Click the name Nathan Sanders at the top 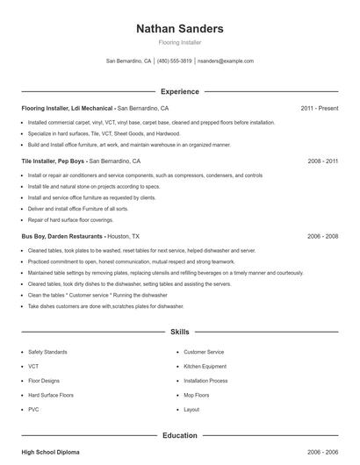click(179, 29)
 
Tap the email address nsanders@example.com click(226, 61)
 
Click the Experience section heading click(179, 91)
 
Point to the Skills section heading click(179, 333)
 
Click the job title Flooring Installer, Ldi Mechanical click(68, 108)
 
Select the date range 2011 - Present click(319, 108)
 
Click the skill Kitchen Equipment click(205, 366)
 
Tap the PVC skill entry click(33, 410)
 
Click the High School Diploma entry click(50, 452)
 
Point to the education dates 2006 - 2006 click(322, 452)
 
